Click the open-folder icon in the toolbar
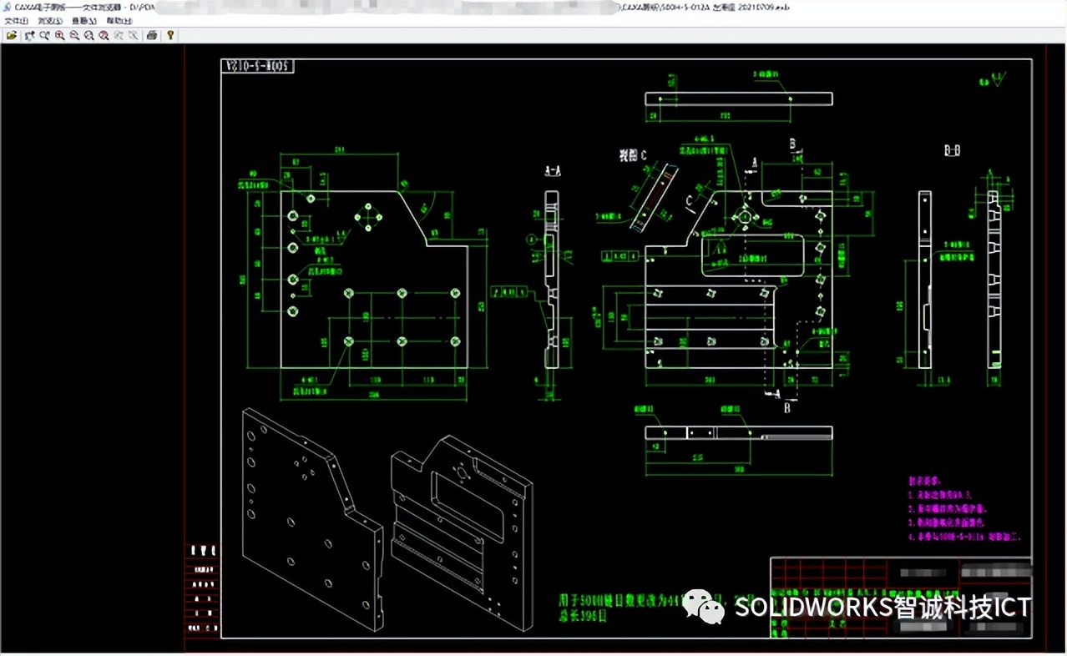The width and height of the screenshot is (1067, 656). (x=11, y=36)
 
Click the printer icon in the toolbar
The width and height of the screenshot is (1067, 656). (x=151, y=36)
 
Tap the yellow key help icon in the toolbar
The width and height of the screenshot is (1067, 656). (x=170, y=36)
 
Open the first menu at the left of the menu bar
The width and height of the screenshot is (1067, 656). (x=16, y=21)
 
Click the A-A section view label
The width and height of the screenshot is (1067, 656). (x=553, y=170)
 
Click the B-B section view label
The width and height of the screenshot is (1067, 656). (x=952, y=151)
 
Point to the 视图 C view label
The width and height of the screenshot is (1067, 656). (x=633, y=154)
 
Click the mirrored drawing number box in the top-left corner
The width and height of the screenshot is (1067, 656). (x=258, y=66)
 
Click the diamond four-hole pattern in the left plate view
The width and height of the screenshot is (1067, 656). (x=368, y=217)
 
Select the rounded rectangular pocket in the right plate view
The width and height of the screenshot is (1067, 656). (x=752, y=255)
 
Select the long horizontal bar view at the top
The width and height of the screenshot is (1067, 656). (x=738, y=98)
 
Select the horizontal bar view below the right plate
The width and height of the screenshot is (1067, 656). (x=738, y=432)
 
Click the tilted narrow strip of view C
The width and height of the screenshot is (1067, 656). (x=655, y=197)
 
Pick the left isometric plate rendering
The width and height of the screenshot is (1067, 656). (x=313, y=517)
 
